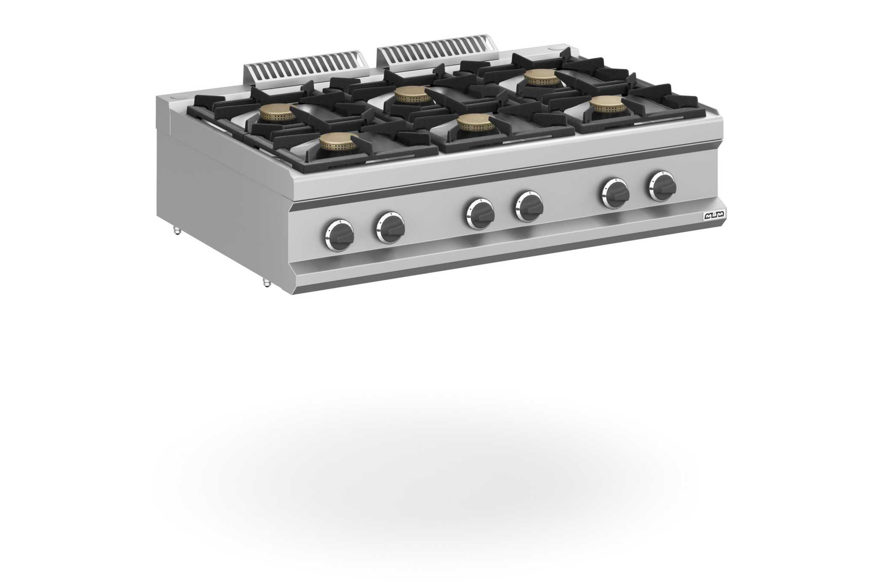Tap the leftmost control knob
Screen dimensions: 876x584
pyautogui.click(x=340, y=235)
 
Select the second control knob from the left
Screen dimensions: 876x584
pyautogui.click(x=391, y=227)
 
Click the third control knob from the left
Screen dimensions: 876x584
pyautogui.click(x=480, y=213)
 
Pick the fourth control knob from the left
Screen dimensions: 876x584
pyautogui.click(x=529, y=206)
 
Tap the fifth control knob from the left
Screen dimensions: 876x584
pyautogui.click(x=615, y=193)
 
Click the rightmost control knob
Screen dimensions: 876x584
pyautogui.click(x=663, y=186)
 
